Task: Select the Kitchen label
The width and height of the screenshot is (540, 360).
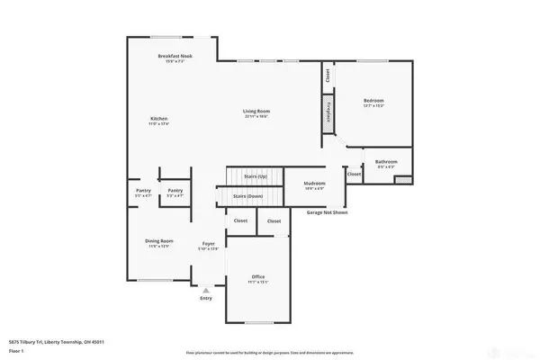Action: click(159, 119)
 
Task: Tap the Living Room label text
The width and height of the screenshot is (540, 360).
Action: click(256, 111)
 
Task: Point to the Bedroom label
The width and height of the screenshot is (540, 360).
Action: click(373, 100)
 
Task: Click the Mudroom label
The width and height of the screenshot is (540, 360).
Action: click(315, 184)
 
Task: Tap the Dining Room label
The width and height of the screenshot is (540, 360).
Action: click(159, 240)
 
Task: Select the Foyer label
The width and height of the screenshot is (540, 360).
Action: click(208, 244)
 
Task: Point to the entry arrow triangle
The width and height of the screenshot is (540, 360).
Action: click(207, 292)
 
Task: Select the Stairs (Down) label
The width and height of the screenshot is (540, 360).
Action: click(248, 195)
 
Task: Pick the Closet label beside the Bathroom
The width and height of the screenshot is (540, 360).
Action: click(355, 174)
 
